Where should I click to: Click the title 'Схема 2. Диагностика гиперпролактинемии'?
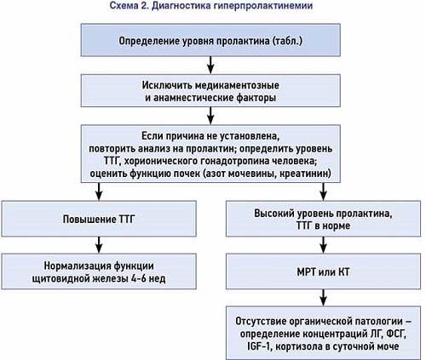tap(211, 6)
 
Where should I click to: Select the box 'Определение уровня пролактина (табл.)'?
tap(210, 40)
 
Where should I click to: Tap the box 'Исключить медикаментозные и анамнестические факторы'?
tap(210, 91)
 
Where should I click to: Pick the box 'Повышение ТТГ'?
tap(99, 219)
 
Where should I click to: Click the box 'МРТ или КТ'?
tap(323, 271)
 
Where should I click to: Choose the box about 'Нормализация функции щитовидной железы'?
tap(99, 271)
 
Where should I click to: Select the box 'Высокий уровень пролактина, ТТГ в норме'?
tap(323, 219)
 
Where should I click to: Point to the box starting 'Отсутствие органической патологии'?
tap(323, 333)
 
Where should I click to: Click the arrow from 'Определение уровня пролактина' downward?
tap(210, 66)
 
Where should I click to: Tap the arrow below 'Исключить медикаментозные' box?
tap(210, 116)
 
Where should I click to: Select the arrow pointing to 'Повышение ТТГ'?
tap(99, 191)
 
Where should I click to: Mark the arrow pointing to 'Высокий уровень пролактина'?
tap(323, 191)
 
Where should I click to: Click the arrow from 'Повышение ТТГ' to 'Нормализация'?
tap(99, 245)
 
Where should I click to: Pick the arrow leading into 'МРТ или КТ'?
tap(323, 245)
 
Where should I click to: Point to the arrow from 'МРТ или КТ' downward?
tap(323, 298)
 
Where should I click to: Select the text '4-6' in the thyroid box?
tap(139, 278)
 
